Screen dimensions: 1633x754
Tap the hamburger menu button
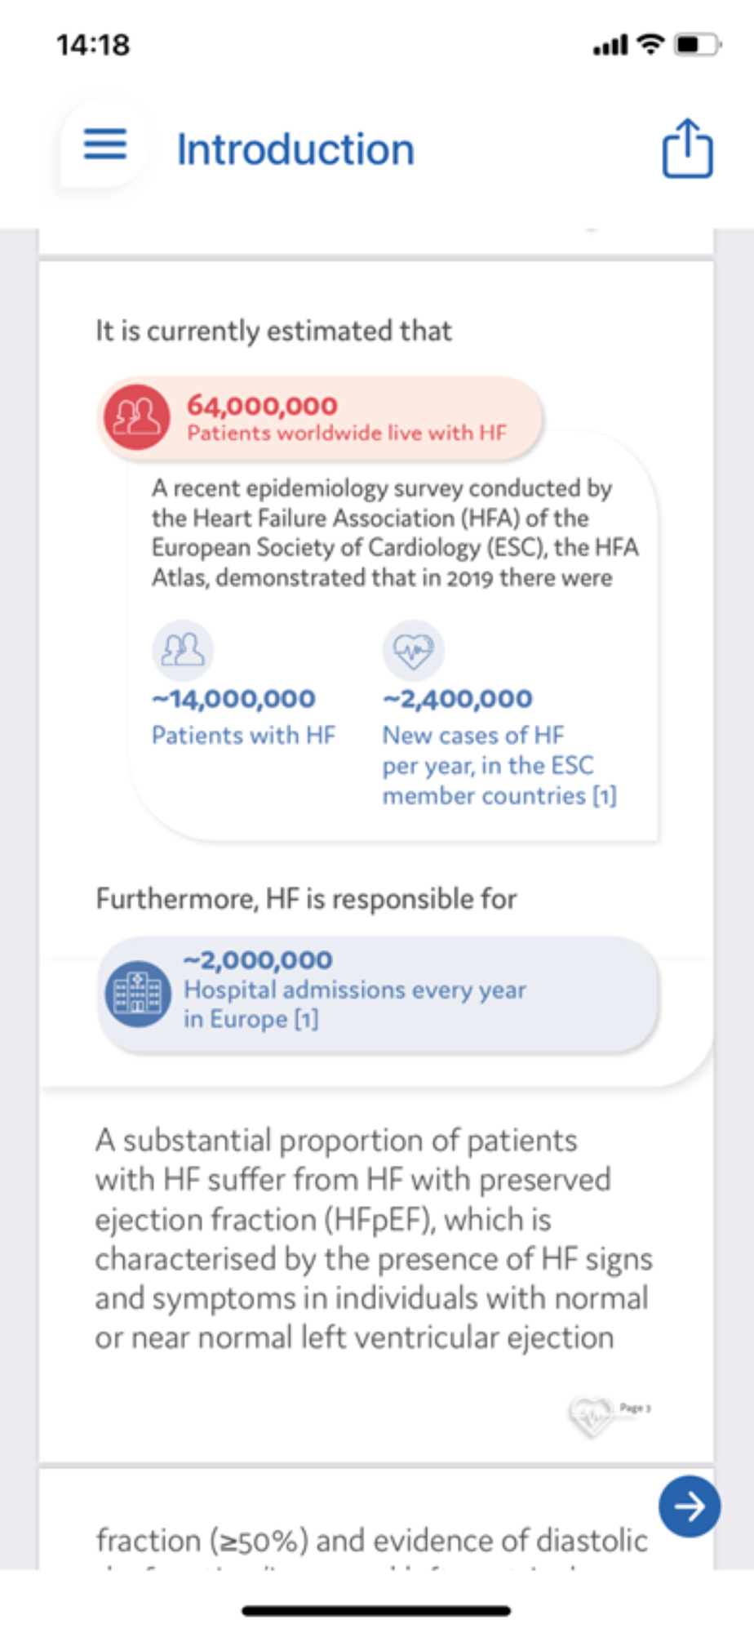105,145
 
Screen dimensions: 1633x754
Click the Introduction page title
295,149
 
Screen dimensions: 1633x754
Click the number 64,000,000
262,405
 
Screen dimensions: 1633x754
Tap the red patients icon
136,416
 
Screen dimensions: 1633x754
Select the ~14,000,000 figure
233,699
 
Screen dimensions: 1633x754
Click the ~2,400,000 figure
457,699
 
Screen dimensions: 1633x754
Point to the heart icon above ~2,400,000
414,651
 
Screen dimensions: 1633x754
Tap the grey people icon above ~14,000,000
183,651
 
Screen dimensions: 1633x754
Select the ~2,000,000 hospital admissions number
258,960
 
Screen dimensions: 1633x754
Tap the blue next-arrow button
690,1506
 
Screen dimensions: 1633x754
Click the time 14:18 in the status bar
93,44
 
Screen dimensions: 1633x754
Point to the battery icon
697,44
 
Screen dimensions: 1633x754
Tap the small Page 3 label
635,1408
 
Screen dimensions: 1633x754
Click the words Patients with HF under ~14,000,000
243,736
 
